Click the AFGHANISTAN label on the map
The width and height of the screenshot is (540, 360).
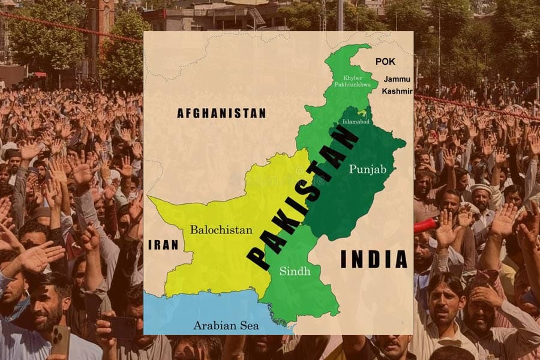(221, 113)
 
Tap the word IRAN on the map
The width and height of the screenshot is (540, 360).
(163, 245)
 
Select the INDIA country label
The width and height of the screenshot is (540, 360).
(374, 259)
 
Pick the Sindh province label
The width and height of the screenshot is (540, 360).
(295, 271)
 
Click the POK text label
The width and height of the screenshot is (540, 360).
(386, 61)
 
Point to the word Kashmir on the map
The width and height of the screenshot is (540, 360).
(397, 91)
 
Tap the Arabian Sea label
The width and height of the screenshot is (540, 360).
(226, 326)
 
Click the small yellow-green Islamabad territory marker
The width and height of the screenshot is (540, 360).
(361, 112)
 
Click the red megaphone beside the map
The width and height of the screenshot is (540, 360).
(427, 226)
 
